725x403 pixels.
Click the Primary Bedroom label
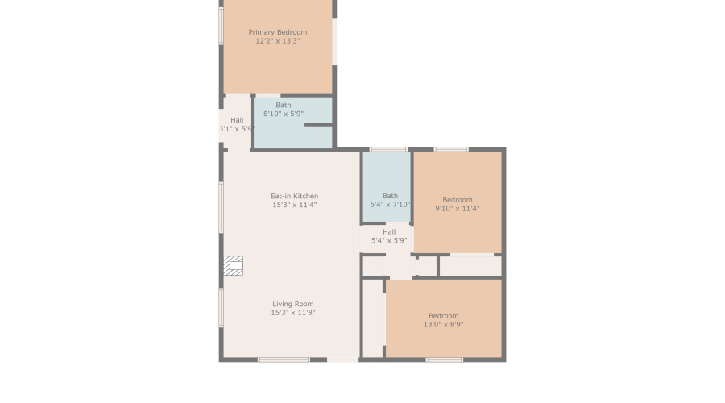pyautogui.click(x=277, y=32)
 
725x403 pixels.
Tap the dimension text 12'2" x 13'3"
pyautogui.click(x=277, y=41)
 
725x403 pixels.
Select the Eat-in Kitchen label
pyautogui.click(x=294, y=196)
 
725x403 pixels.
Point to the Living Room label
pyautogui.click(x=292, y=304)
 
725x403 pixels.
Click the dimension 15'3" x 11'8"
pyautogui.click(x=292, y=313)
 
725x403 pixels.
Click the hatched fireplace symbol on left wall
pyautogui.click(x=233, y=266)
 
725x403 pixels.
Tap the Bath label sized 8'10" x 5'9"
pyautogui.click(x=284, y=105)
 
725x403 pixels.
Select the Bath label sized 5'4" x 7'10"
pyautogui.click(x=390, y=196)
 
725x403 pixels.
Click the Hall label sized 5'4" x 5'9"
pyautogui.click(x=389, y=231)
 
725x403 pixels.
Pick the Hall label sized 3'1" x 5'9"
pyautogui.click(x=237, y=120)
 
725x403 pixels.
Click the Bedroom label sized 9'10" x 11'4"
pyautogui.click(x=458, y=200)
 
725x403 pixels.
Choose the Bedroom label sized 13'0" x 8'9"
pyautogui.click(x=443, y=316)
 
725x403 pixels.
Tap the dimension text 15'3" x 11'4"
pyautogui.click(x=294, y=205)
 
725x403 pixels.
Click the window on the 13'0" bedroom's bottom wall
pyautogui.click(x=444, y=359)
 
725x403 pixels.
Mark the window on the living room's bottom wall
pyautogui.click(x=284, y=359)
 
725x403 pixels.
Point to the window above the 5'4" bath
pyautogui.click(x=387, y=149)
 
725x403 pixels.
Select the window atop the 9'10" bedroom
pyautogui.click(x=451, y=149)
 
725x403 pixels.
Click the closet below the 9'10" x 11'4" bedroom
pyautogui.click(x=470, y=265)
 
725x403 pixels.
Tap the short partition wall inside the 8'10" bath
pyautogui.click(x=318, y=125)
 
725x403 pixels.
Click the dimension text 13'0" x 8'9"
pyautogui.click(x=443, y=325)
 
